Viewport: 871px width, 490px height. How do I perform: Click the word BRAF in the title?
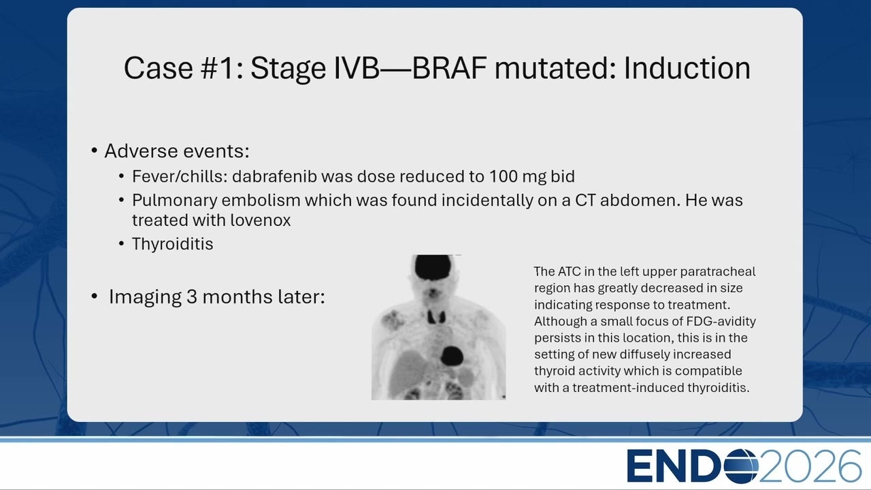coord(449,68)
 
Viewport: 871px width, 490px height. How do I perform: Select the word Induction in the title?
coord(687,68)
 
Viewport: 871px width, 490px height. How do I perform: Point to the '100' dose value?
coord(503,176)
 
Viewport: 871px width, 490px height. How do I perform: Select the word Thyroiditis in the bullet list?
coord(173,244)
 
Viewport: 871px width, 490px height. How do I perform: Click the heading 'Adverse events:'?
coord(177,151)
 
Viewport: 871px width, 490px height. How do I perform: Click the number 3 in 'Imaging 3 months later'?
coord(191,297)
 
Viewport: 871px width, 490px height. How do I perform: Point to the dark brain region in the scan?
coord(433,267)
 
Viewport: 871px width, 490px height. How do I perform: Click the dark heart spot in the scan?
coord(452,356)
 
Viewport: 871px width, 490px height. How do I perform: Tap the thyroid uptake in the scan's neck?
coord(436,317)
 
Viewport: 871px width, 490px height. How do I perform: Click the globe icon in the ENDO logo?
coord(740,466)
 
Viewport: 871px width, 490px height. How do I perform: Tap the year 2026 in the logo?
coord(810,466)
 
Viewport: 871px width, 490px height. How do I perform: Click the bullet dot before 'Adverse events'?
coord(94,150)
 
